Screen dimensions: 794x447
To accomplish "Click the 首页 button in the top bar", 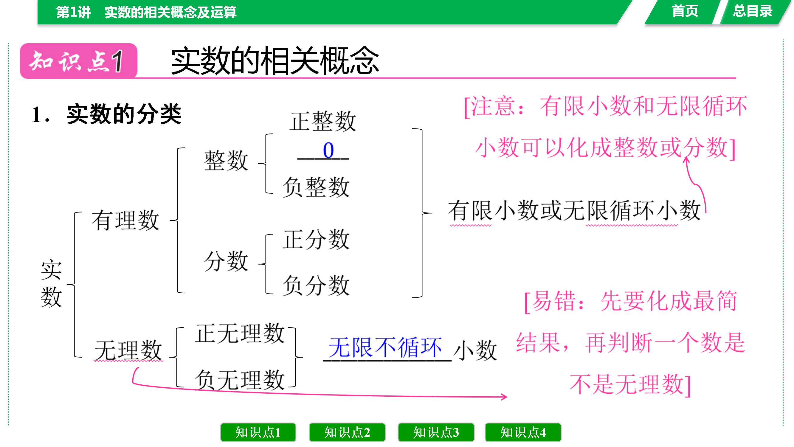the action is tap(685, 12).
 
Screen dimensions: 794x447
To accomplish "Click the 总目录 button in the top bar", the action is tap(753, 12).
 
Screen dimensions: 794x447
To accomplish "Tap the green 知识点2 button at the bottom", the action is tap(347, 432).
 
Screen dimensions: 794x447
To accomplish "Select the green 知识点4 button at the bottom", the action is tap(523, 432).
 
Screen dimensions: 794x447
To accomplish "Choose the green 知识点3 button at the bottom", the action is tap(436, 432).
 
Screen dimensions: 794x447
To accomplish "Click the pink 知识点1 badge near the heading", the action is tap(79, 61).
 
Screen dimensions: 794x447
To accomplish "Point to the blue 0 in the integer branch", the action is tap(328, 150).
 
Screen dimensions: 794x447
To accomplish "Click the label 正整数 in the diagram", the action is tap(323, 121).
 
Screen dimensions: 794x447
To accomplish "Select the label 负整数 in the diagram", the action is tap(316, 187).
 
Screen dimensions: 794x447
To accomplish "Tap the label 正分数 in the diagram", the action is tap(316, 239).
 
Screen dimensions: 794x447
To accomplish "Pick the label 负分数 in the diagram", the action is tap(316, 285).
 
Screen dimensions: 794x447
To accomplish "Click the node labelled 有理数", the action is tap(125, 220).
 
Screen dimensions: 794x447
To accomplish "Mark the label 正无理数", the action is tap(240, 333).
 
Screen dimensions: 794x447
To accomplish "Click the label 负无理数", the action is tap(240, 380).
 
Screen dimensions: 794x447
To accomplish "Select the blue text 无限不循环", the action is tap(385, 347).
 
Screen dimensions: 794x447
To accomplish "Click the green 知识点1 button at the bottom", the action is tap(258, 432).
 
